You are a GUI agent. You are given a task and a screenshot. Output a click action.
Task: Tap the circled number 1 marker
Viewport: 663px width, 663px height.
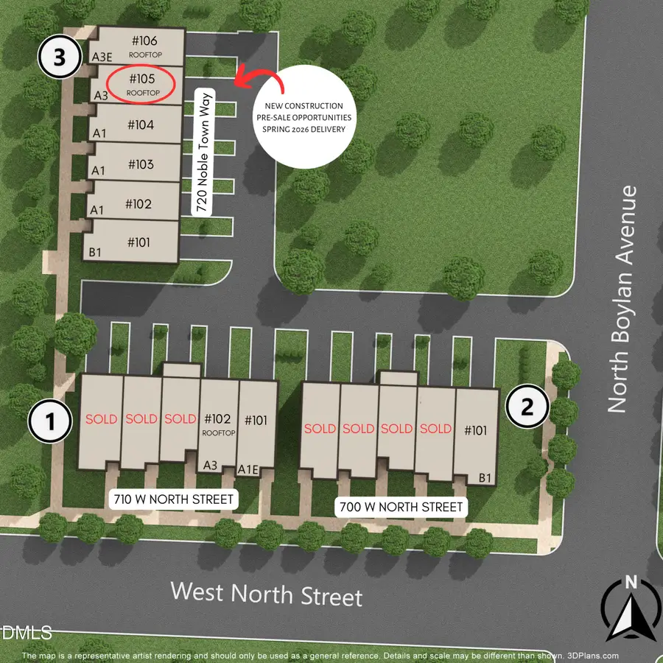tap(50, 422)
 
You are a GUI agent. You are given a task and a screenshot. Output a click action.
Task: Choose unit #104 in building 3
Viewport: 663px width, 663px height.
tap(140, 125)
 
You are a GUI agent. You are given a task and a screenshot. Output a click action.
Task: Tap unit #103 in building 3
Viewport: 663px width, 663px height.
tap(140, 164)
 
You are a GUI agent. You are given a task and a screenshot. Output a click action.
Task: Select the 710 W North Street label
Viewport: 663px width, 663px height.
tap(173, 499)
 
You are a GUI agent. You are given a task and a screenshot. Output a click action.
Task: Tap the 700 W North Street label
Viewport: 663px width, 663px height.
tap(401, 507)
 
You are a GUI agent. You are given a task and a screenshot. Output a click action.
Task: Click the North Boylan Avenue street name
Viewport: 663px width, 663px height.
tap(622, 298)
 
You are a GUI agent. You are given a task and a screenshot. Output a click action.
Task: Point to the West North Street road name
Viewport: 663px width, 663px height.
tap(267, 594)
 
